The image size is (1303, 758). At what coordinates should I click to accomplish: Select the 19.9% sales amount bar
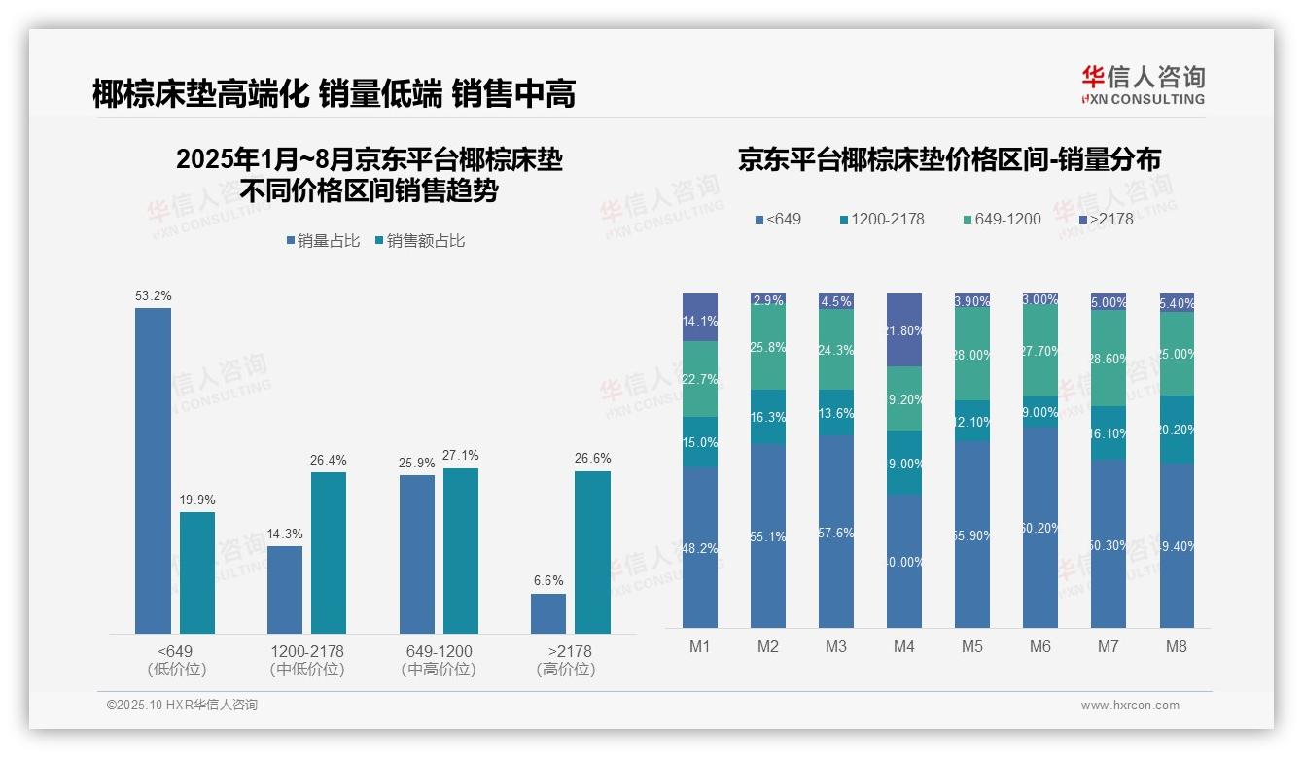tap(196, 572)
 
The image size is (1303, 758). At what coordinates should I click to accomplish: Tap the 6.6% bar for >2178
tap(547, 613)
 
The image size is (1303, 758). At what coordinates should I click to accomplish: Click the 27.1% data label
tap(460, 456)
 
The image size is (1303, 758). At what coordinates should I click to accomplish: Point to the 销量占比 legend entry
tap(323, 241)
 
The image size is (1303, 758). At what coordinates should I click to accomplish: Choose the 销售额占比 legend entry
tap(419, 241)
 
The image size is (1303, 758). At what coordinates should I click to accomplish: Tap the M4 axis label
tap(903, 646)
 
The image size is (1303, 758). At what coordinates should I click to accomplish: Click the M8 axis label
tap(1176, 646)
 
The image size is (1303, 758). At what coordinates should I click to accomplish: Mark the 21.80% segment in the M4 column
tap(904, 329)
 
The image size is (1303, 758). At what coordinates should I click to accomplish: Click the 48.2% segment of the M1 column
tap(700, 547)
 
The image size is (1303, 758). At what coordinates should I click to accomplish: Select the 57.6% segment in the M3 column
tap(836, 532)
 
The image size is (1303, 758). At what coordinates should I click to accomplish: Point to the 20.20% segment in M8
tap(1177, 429)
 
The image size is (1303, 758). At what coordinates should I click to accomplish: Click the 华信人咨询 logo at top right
tap(1143, 85)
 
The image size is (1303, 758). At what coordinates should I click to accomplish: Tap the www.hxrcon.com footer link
tap(1130, 706)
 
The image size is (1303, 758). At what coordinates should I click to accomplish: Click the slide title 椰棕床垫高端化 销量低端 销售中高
tap(334, 93)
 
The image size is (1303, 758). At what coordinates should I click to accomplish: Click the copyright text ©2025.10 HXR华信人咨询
tap(182, 706)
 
